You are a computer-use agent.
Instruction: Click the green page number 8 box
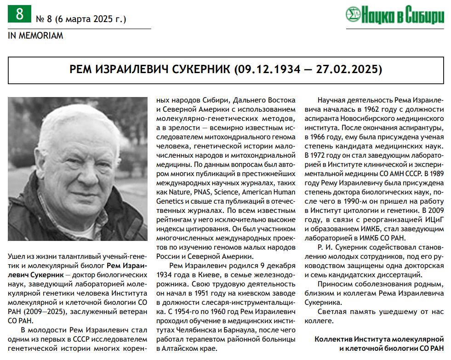(x=19, y=14)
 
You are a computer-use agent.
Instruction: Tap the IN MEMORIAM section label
(x=35, y=35)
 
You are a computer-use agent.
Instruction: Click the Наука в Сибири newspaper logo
(x=394, y=15)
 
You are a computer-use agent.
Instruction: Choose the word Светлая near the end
(x=330, y=312)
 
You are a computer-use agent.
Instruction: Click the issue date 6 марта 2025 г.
(x=90, y=19)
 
